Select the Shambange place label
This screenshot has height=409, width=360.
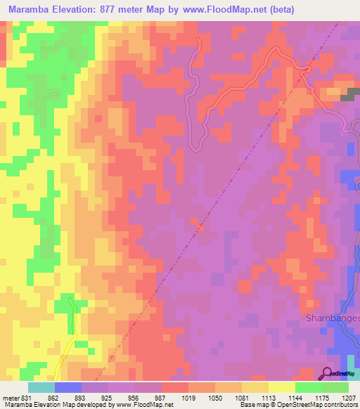(331, 318)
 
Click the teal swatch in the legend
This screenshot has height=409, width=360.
(41, 387)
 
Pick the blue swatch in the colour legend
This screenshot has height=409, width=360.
(67, 387)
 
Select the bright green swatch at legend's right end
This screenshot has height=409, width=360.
(335, 387)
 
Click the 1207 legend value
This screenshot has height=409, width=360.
(349, 397)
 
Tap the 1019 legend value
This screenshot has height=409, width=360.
(188, 397)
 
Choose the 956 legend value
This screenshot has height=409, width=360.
(135, 397)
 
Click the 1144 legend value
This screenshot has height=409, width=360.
(295, 397)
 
